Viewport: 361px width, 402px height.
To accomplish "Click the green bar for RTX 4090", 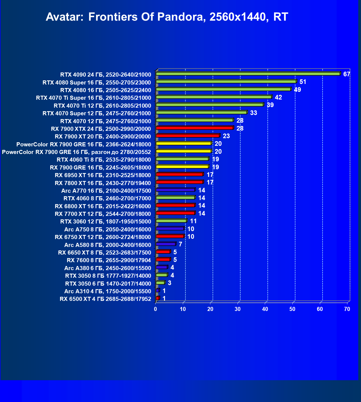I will click(248, 74).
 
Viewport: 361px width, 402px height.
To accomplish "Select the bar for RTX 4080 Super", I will click(226, 81).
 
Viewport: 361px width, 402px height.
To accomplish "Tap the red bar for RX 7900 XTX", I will click(195, 128).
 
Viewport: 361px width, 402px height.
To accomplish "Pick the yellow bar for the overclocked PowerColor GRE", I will click(184, 151).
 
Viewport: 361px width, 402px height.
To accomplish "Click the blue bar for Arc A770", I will click(175, 190).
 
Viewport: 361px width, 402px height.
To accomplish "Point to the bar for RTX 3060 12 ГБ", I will click(171, 221).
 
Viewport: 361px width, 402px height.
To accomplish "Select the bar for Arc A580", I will click(166, 244).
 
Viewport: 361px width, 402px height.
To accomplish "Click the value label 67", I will click(346, 74).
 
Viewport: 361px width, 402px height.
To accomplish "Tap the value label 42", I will click(278, 97).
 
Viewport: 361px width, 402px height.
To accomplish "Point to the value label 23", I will click(226, 136).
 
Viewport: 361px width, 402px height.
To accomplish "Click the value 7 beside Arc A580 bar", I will click(180, 244).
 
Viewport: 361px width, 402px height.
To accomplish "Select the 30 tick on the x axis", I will click(238, 309).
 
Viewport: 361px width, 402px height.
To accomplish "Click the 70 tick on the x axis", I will click(347, 309).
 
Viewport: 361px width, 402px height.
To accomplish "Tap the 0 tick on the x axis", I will click(156, 309).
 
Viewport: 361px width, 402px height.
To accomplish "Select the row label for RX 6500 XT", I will click(105, 299).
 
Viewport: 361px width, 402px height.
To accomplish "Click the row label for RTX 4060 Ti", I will click(104, 160).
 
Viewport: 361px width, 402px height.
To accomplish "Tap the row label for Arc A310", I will click(108, 291).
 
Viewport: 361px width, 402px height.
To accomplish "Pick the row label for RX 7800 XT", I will click(103, 183).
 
